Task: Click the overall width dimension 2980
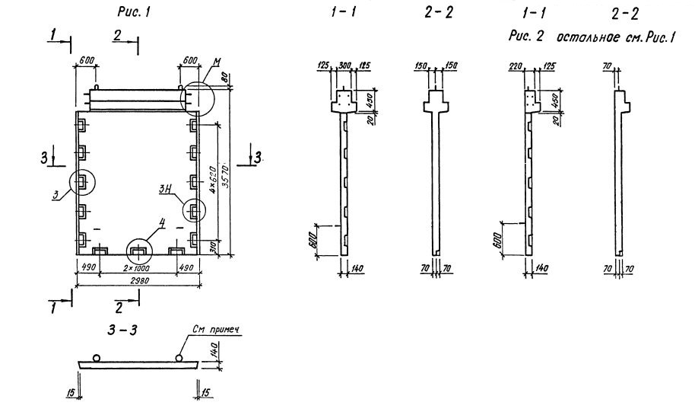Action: (138, 280)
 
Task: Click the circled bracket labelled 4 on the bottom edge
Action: (138, 249)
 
